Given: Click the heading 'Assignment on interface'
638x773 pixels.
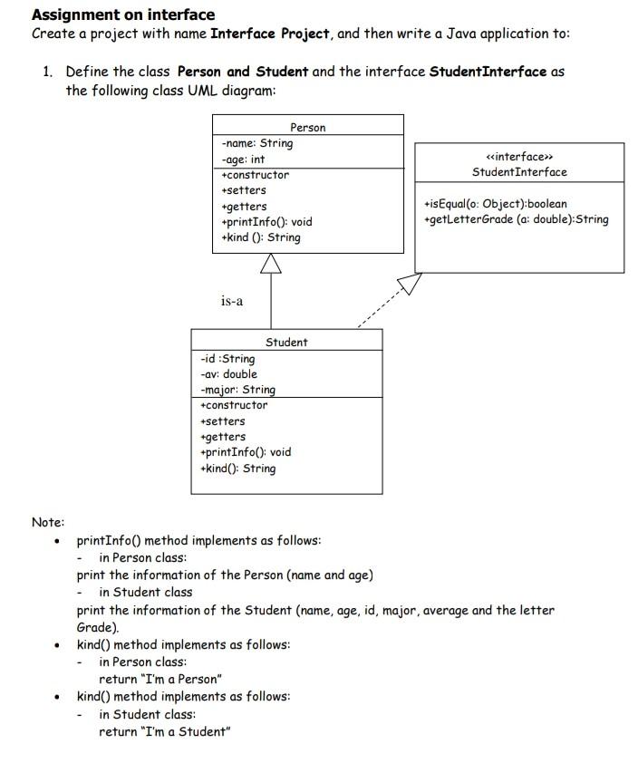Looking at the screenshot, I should (x=123, y=14).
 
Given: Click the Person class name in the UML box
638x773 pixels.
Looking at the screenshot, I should (x=307, y=128).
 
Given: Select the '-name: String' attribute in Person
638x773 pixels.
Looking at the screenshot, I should (x=256, y=143).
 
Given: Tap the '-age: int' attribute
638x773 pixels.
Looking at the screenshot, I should (x=243, y=159).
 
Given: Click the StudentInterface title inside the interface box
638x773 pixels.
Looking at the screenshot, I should (x=519, y=172).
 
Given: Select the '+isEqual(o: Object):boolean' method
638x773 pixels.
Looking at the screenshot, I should (x=495, y=204).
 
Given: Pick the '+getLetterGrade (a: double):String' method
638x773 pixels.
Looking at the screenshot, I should (x=516, y=219).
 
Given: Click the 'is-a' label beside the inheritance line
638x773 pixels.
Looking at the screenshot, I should (x=232, y=300).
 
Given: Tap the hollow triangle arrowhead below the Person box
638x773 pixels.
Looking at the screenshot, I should (x=271, y=264).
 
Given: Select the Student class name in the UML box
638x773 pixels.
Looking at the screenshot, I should (x=286, y=342).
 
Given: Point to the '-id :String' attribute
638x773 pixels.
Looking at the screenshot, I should (x=227, y=359).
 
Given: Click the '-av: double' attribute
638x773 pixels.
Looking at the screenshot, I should (x=228, y=374).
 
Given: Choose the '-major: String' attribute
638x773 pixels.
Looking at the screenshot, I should (x=237, y=390).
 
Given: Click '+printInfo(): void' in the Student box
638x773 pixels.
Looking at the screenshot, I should (x=245, y=452).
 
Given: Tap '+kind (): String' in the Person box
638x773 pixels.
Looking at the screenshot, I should (x=261, y=237).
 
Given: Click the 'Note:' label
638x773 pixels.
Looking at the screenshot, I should (x=48, y=522).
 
